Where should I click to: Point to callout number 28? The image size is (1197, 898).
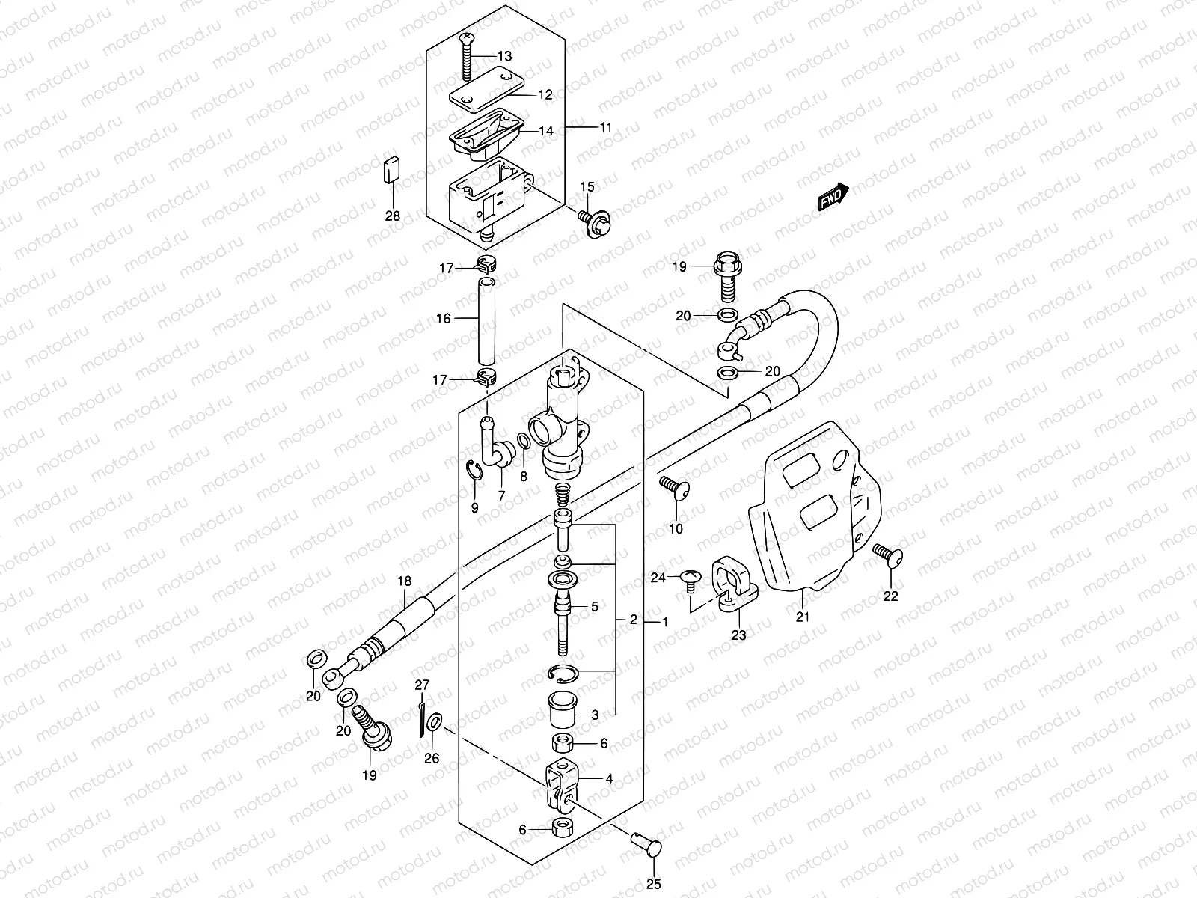(x=393, y=216)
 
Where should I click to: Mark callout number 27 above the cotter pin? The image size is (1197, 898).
(x=423, y=684)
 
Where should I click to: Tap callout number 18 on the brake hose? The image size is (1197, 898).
(x=404, y=581)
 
